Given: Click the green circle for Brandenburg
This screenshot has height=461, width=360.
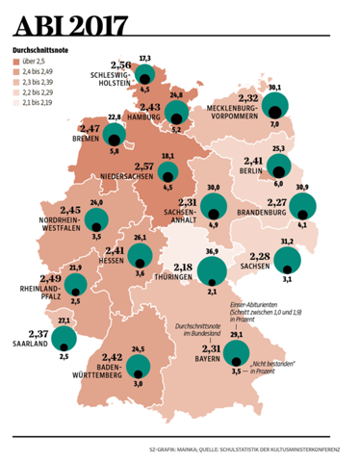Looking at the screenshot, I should pos(303,205).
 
